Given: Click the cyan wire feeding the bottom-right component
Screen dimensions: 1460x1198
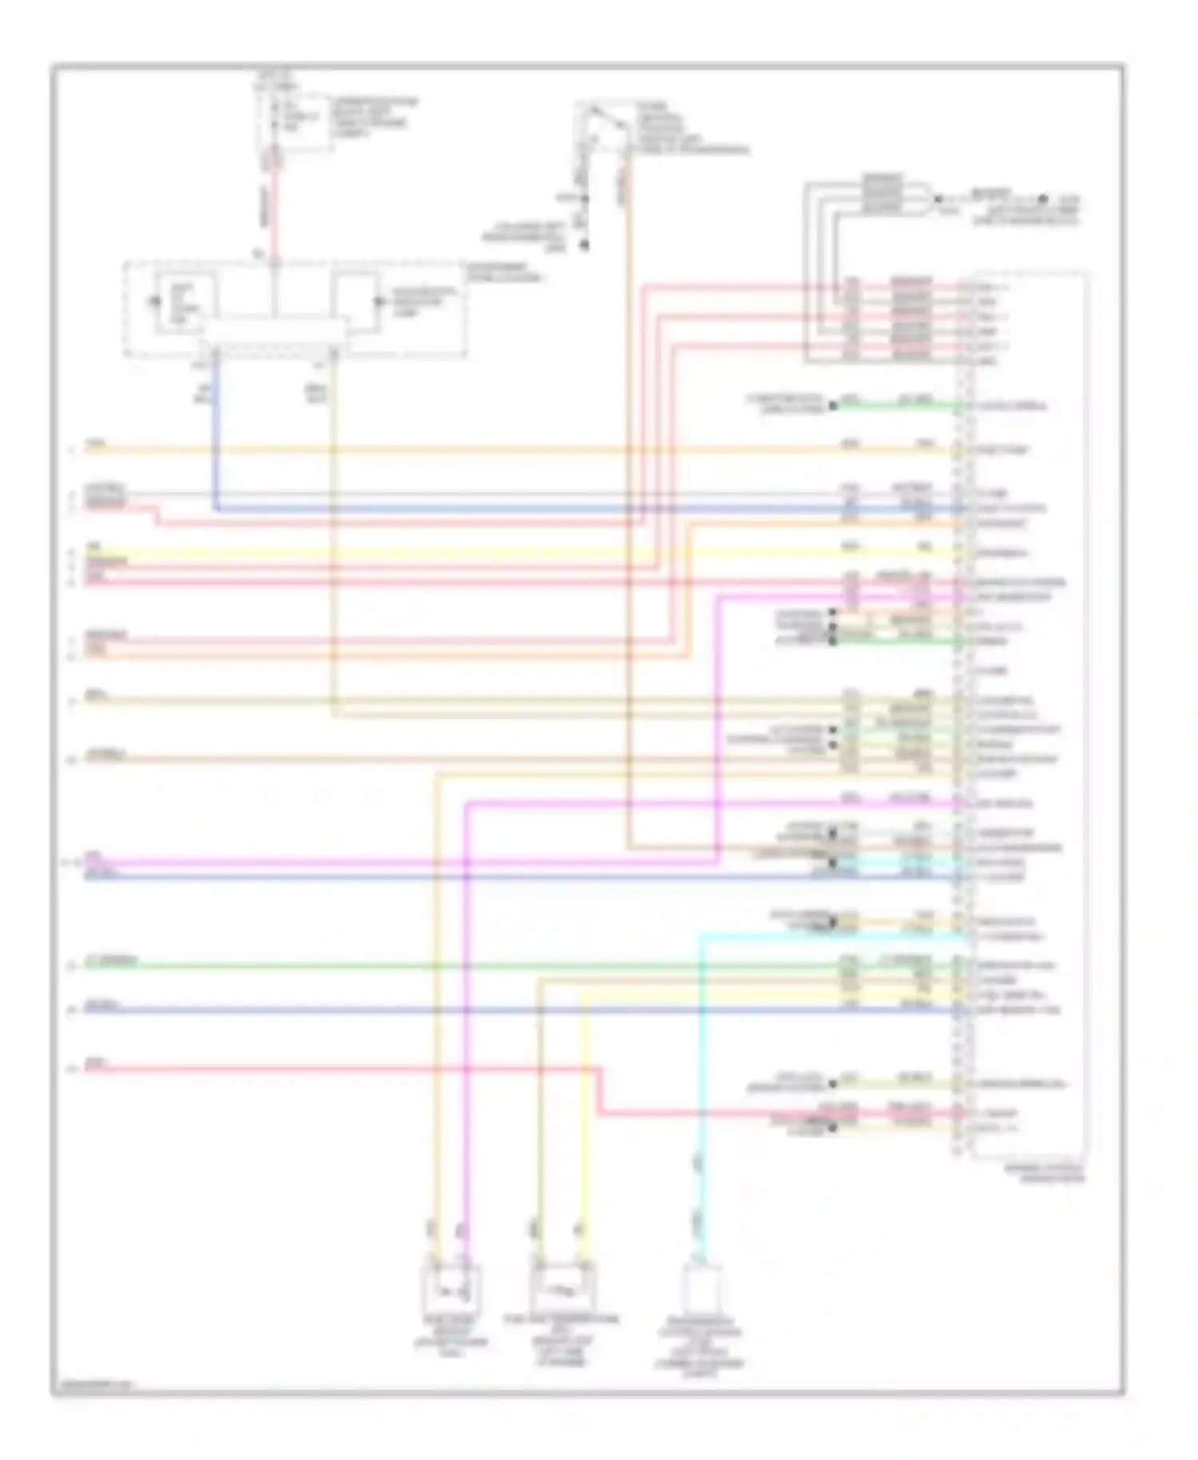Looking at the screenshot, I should pyautogui.click(x=701, y=1118).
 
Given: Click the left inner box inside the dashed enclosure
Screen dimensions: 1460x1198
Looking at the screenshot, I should pyautogui.click(x=185, y=303).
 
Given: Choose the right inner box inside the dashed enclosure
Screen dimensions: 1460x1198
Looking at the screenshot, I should pyautogui.click(x=356, y=302).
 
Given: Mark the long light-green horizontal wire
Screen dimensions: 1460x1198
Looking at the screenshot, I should pyautogui.click(x=479, y=966).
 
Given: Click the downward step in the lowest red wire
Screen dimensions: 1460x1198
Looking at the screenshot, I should pyautogui.click(x=600, y=1090).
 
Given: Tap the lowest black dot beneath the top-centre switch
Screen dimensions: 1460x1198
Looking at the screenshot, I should pyautogui.click(x=584, y=245).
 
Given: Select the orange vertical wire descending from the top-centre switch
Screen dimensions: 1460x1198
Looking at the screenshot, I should pyautogui.click(x=628, y=479).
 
